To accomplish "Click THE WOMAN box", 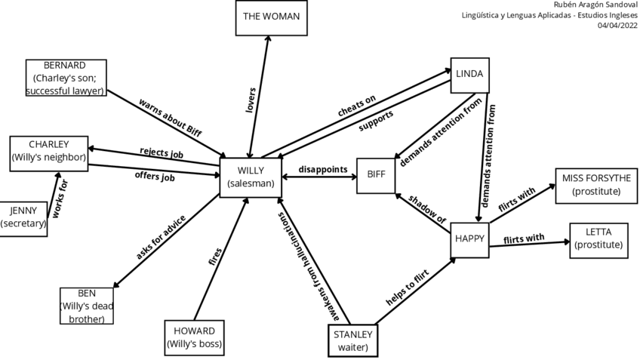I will [270, 17].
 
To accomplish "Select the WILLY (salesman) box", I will [250, 177].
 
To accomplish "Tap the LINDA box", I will [469, 75].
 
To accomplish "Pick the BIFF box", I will [376, 175].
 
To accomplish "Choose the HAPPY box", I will [469, 239].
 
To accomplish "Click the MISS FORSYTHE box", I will [596, 185].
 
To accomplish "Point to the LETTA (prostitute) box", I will [598, 238].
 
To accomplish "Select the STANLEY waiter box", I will [352, 340].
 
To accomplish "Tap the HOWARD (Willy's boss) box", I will [195, 338].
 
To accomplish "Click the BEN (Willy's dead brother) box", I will [87, 306].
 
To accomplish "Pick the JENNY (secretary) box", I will [23, 217].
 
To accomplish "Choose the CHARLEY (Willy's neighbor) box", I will [48, 151].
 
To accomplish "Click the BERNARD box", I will [65, 78].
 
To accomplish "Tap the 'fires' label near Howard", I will [214, 256].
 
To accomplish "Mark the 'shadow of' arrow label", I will [427, 208].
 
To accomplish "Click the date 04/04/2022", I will [617, 25].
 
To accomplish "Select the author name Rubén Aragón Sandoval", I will [595, 5].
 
